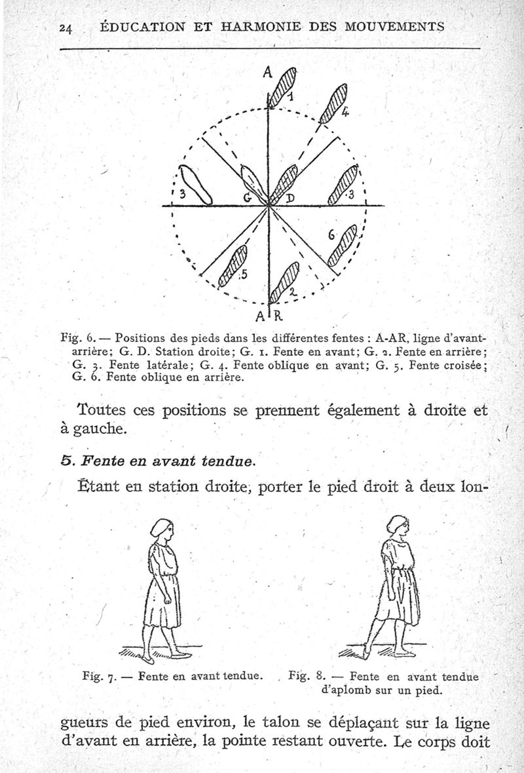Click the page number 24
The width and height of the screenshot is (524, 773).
coord(64,28)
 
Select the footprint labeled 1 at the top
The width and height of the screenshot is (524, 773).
coord(285,85)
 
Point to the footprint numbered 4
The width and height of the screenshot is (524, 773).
coord(334,103)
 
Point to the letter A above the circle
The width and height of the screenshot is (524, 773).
coord(267,73)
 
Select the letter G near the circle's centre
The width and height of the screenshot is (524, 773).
coord(248,197)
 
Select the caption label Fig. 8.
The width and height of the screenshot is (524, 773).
coord(307,674)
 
